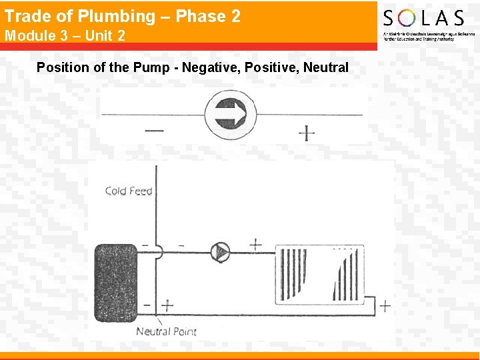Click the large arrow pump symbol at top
click(x=231, y=113)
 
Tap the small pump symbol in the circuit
click(x=219, y=251)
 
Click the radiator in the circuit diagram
click(x=320, y=273)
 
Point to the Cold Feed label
click(x=129, y=191)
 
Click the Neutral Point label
click(x=166, y=331)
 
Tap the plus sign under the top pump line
click(x=306, y=133)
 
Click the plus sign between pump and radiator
click(x=255, y=245)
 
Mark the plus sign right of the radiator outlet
click(x=385, y=306)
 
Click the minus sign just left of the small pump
click(x=181, y=245)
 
